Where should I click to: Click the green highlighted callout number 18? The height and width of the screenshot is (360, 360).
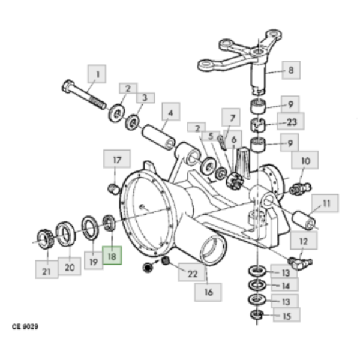coord(112,255)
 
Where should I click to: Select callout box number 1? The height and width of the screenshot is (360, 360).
coord(97,74)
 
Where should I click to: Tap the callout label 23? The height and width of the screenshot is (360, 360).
coord(290,121)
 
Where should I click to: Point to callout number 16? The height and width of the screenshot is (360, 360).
coord(208,292)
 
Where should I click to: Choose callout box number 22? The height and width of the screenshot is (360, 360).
coord(191,272)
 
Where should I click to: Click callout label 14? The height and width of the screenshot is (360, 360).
coord(284,285)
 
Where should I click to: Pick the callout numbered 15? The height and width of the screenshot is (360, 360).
coord(286,315)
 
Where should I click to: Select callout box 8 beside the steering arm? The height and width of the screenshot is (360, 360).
coord(291,70)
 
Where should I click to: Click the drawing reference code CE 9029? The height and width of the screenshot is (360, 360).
coord(25,326)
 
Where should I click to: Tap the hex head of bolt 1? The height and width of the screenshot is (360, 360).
coord(68,86)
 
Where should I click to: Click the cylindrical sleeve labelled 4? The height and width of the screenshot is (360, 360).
coord(158,137)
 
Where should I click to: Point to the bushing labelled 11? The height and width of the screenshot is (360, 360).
coord(304,220)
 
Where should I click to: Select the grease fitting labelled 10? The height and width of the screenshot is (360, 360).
coord(300,189)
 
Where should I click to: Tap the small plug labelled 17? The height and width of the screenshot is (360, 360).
coord(113,189)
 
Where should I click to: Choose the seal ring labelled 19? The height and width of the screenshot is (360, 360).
coord(91,228)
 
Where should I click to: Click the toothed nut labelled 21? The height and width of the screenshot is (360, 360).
coord(45,239)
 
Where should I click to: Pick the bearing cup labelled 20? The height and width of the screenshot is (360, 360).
coord(65,234)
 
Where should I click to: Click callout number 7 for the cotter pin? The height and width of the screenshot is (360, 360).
coord(231,118)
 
